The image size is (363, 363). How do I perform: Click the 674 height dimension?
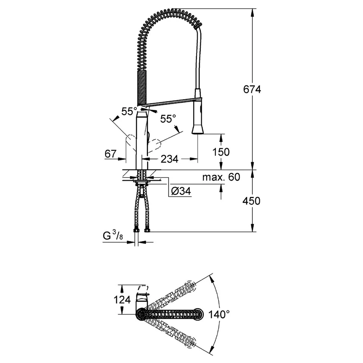click(252, 89)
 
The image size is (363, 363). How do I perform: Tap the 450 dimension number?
click(252, 201)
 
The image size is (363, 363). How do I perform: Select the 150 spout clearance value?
click(221, 152)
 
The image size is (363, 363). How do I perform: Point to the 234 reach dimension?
click(170, 159)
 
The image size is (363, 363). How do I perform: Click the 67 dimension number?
click(111, 154)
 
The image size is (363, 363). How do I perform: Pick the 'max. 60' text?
click(221, 177)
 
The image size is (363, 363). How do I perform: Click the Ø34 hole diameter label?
click(181, 191)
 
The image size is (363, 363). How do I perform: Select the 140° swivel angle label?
click(219, 314)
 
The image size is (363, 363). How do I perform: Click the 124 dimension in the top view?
click(122, 300)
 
